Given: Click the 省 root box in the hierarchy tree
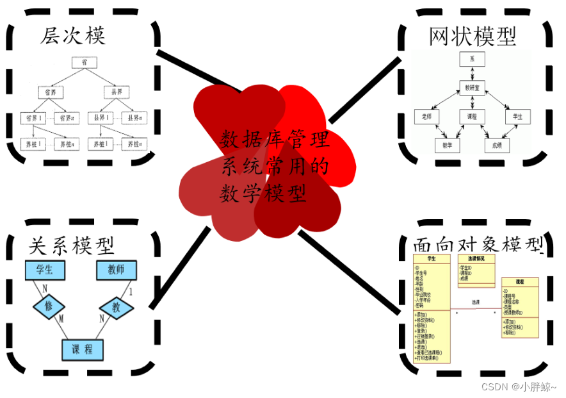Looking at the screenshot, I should coord(84,62).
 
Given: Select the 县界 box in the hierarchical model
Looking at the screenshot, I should coord(116,91).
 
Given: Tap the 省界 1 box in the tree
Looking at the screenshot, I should coord(34,118).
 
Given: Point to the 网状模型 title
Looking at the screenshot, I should coord(473,37).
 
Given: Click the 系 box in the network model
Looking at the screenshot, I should coord(472,59).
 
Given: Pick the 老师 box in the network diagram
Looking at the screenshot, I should coord(427,117).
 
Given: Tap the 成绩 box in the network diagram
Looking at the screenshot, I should coord(497,145).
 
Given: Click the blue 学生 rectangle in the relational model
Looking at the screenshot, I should coord(45,270).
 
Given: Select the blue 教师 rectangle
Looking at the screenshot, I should coord(116,270).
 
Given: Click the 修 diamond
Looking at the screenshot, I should coord(49,306).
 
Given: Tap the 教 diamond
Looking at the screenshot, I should coord(116,307).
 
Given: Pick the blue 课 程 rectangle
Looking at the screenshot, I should coord(83,349).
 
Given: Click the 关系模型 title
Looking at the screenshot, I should coord(72,245).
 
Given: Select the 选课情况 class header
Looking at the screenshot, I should coord(476,258).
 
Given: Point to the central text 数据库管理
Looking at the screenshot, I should coord(275,139).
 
